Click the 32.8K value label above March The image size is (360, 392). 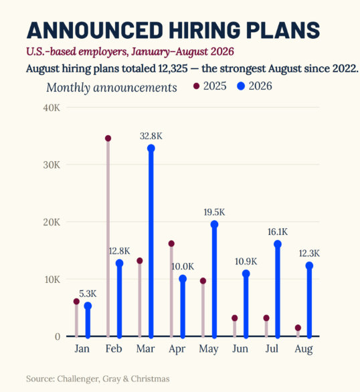[151, 136]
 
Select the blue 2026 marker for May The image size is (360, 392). [214, 224]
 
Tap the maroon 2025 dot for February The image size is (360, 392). [108, 138]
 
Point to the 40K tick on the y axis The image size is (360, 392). [52, 108]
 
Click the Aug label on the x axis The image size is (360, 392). [304, 349]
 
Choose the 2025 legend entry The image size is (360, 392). [210, 86]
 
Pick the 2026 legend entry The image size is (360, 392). [254, 86]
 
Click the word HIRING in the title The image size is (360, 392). [205, 30]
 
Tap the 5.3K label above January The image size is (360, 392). [88, 294]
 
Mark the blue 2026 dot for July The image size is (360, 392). [278, 244]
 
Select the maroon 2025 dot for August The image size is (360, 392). [298, 328]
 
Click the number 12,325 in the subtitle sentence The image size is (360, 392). [173, 68]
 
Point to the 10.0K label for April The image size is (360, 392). [183, 266]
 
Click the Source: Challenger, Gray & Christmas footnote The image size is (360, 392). [98, 379]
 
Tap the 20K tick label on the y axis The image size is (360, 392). [52, 222]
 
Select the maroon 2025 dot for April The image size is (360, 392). [171, 243]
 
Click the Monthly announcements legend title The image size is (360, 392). [112, 88]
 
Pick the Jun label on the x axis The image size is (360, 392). [240, 349]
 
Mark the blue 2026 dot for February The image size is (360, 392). [120, 263]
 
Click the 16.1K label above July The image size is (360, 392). [278, 232]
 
